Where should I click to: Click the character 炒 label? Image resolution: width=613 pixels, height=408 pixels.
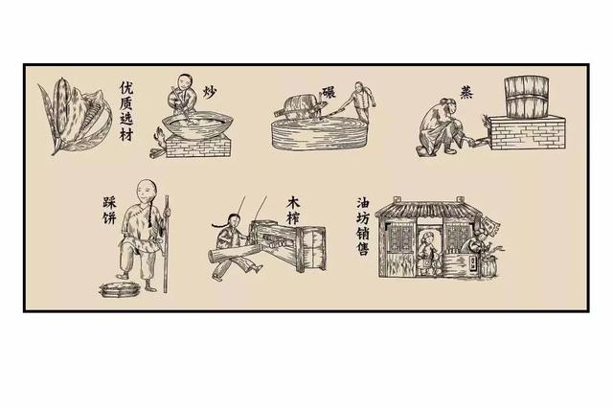tap(210, 92)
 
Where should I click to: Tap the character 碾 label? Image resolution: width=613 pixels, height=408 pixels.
tap(329, 92)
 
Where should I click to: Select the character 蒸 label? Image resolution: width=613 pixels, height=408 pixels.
tap(466, 92)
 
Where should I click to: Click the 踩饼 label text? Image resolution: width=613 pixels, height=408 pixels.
tap(109, 211)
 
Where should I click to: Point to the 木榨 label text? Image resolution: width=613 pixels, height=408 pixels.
tap(293, 211)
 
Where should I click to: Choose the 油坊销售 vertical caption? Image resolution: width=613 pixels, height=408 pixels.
tap(363, 226)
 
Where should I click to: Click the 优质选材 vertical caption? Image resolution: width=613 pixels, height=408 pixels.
tap(126, 111)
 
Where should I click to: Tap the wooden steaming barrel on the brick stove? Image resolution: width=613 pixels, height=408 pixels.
tap(527, 97)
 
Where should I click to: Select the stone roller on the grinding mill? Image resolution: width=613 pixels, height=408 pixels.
tap(299, 107)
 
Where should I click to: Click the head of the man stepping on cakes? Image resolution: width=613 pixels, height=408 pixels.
tap(148, 191)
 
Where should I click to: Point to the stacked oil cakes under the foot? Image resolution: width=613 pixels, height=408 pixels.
tap(120, 289)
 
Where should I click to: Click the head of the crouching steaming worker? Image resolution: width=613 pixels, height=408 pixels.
tap(449, 106)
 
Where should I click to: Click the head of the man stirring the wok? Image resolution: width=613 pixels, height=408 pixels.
tap(185, 82)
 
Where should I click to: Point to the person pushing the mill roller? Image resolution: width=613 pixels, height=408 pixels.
tap(360, 102)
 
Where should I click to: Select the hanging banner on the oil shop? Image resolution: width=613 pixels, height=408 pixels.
tap(489, 225)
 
